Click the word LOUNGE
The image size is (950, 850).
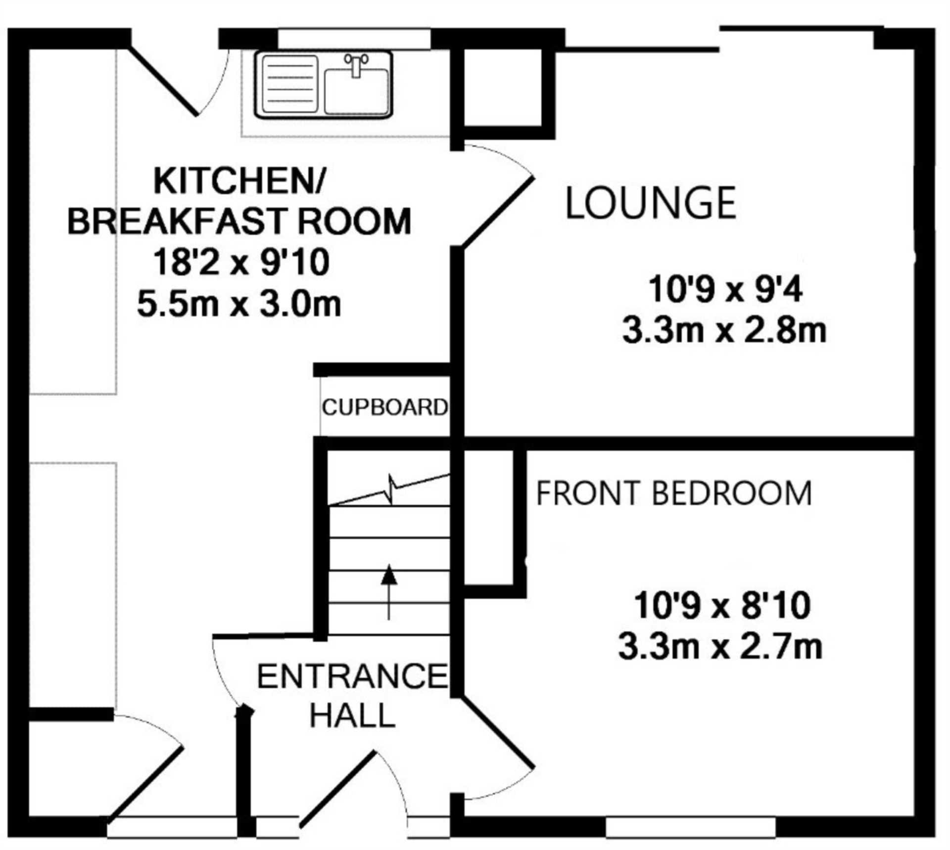pos(650,202)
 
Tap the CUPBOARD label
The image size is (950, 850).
pos(385,407)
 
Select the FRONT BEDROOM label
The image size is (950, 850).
pos(674,493)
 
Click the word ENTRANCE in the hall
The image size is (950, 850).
pos(352,676)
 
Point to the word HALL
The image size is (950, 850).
pos(352,715)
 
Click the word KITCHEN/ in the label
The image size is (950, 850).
pos(239,181)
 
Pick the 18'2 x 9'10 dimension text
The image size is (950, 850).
pos(241,262)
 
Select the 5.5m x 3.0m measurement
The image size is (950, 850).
pos(239,304)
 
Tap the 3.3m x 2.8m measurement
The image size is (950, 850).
pos(724,330)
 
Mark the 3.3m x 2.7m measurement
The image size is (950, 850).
pos(720,646)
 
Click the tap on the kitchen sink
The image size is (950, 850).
pos(356,65)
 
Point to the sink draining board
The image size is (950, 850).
pos(289,84)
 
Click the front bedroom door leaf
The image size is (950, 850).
pos(497,734)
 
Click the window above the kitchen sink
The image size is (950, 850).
pos(354,39)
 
